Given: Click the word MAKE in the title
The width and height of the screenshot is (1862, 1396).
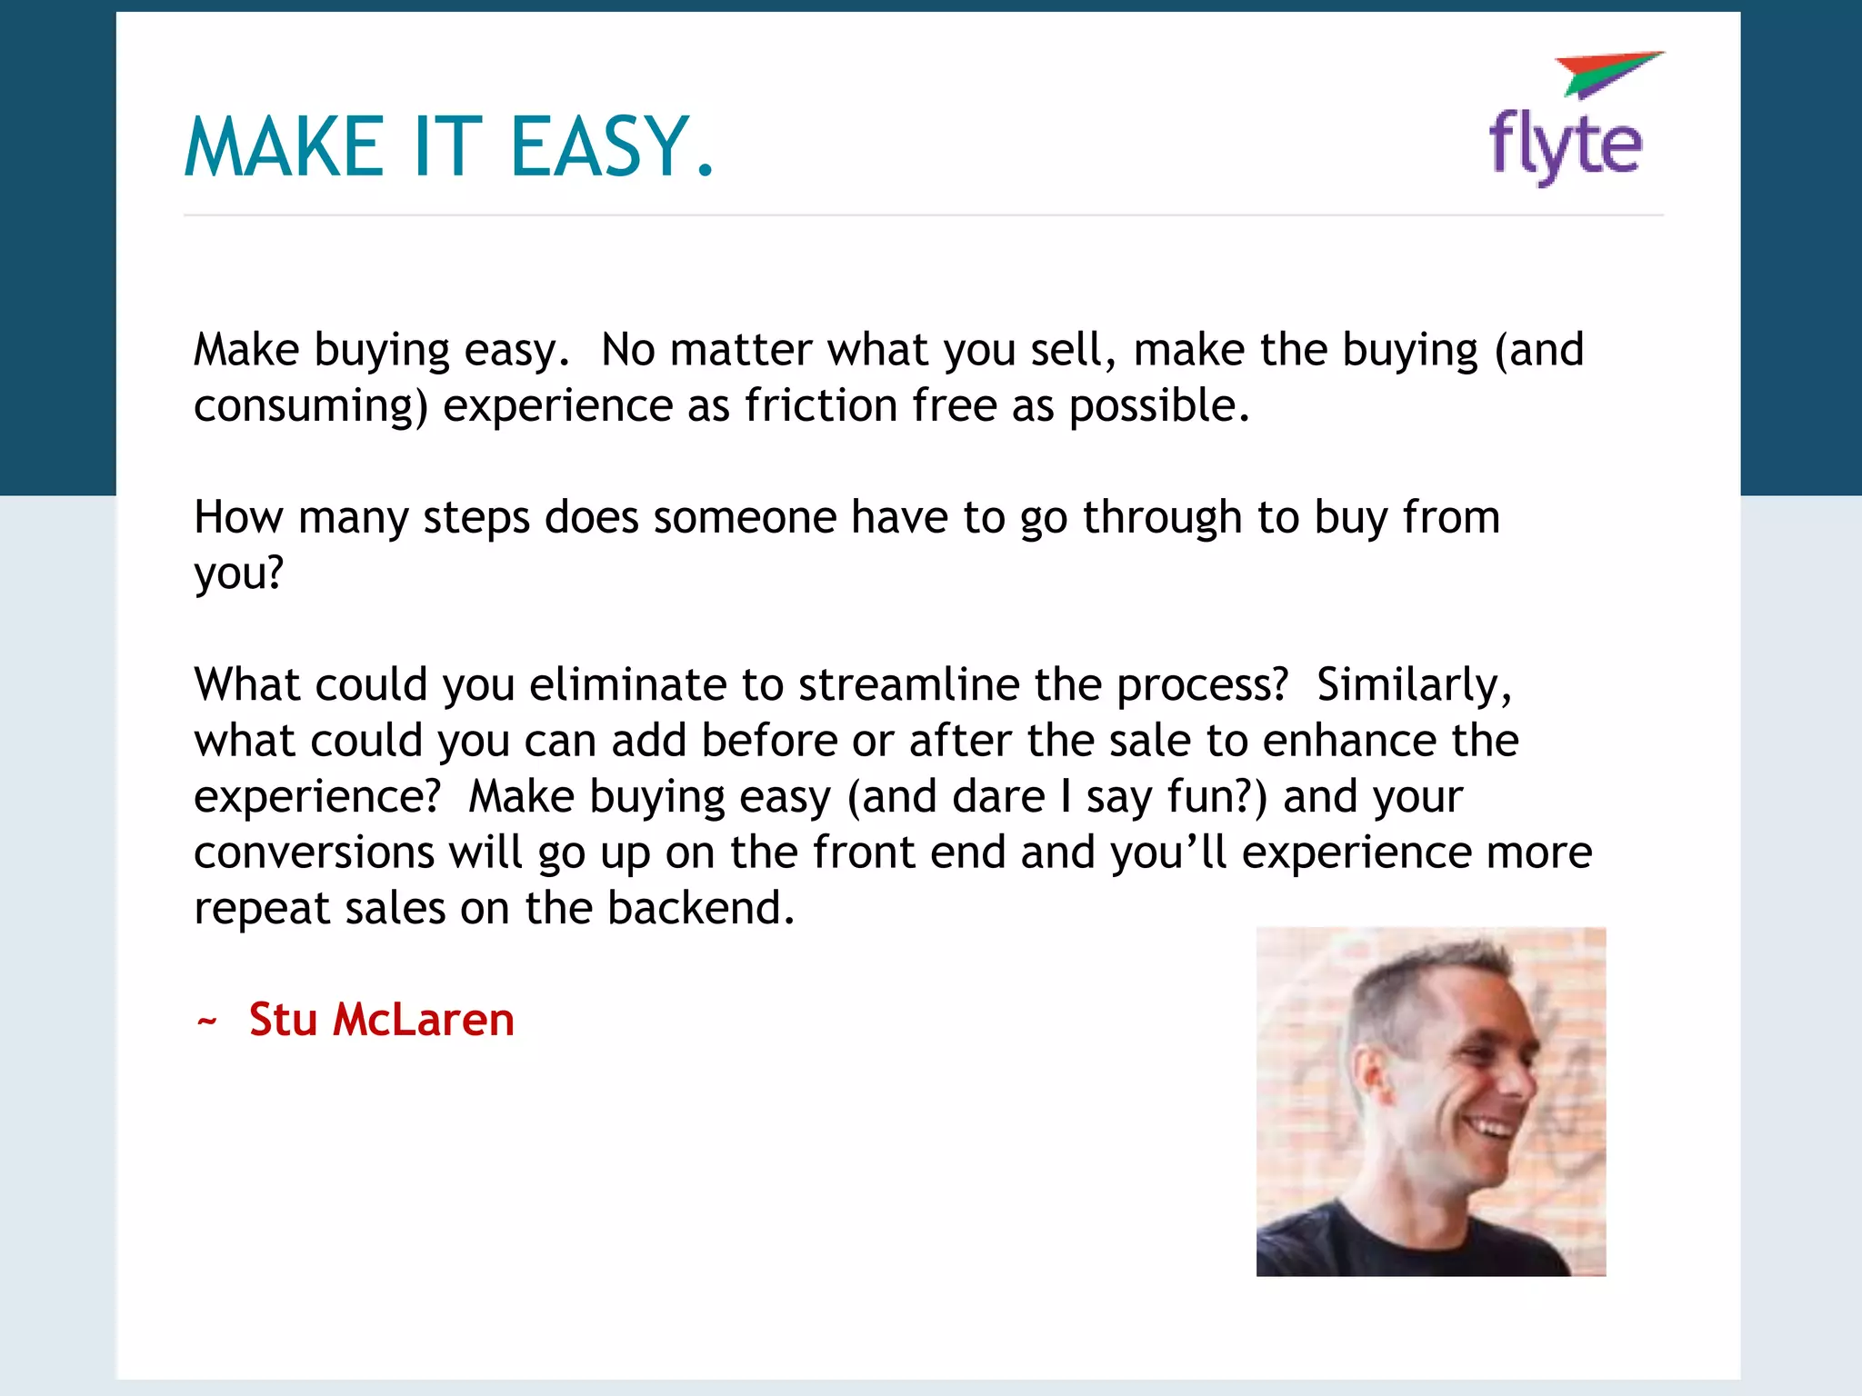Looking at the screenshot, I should click(x=285, y=147).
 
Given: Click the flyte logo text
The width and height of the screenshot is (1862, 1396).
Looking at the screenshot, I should click(x=1566, y=146).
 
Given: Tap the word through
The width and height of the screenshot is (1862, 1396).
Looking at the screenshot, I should click(x=1162, y=518).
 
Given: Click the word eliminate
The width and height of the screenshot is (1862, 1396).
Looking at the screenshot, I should click(x=628, y=684).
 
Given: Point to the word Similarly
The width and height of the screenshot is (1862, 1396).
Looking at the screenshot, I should click(x=1413, y=685).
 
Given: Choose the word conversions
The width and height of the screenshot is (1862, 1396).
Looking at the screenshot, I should click(x=315, y=853).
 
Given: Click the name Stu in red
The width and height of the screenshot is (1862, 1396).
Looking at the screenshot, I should click(x=283, y=1020).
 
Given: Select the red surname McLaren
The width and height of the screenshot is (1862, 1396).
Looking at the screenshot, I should click(x=424, y=1020).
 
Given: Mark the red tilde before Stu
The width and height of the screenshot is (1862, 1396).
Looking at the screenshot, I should click(x=206, y=1022).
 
